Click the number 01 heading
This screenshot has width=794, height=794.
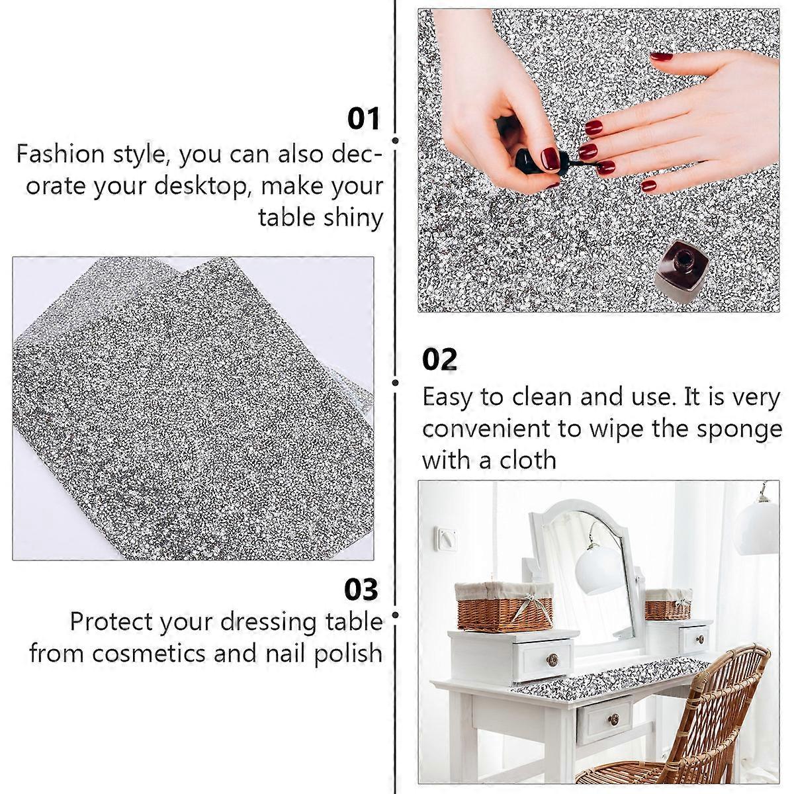click(363, 119)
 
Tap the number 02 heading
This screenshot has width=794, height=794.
click(439, 359)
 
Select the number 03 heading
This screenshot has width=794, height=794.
click(361, 590)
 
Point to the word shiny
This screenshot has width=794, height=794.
click(353, 219)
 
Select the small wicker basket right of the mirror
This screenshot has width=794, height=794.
click(668, 604)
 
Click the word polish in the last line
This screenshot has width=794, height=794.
click(348, 654)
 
